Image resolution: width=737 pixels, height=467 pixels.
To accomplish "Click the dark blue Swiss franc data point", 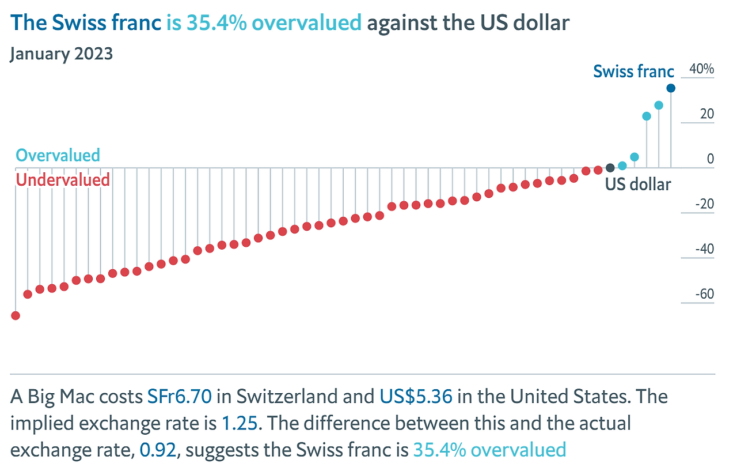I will pyautogui.click(x=671, y=88).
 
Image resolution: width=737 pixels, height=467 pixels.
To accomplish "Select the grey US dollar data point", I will pyautogui.click(x=610, y=168).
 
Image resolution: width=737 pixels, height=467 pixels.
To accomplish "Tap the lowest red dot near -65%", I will pyautogui.click(x=16, y=315).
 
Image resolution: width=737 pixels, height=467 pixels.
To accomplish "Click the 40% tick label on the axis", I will pyautogui.click(x=701, y=69).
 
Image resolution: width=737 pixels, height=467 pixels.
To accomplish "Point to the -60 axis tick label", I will pyautogui.click(x=704, y=294).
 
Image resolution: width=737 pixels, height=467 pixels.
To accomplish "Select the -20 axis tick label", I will pyautogui.click(x=704, y=204).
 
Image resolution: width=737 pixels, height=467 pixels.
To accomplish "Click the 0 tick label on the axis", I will pyautogui.click(x=710, y=159).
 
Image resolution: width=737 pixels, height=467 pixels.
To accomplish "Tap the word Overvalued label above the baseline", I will pyautogui.click(x=58, y=155).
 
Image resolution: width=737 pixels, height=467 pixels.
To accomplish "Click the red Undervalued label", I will pyautogui.click(x=63, y=180).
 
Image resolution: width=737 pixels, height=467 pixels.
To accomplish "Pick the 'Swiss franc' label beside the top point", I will pyautogui.click(x=633, y=71).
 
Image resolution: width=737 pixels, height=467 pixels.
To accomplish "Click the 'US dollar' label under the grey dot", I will pyautogui.click(x=638, y=184).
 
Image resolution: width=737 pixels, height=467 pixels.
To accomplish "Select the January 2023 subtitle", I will pyautogui.click(x=62, y=54).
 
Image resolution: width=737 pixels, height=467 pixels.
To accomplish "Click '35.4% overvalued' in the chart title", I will pyautogui.click(x=264, y=22).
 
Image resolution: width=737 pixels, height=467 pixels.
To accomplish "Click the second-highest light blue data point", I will pyautogui.click(x=659, y=106).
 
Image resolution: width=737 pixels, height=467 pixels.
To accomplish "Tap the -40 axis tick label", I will pyautogui.click(x=704, y=249).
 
